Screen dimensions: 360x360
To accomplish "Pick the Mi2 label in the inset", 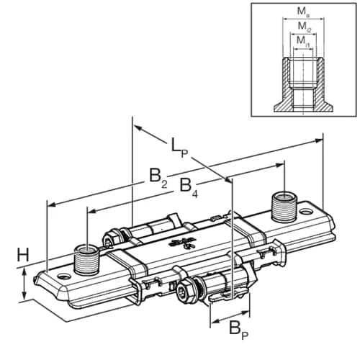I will pyautogui.click(x=303, y=27).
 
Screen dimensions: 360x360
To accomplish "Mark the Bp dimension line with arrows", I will pyautogui.click(x=229, y=314).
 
